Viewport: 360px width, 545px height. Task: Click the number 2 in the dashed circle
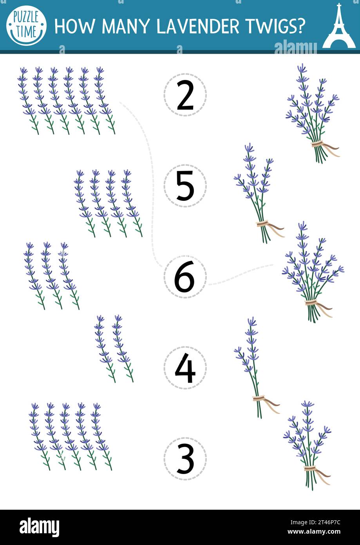click(x=185, y=95)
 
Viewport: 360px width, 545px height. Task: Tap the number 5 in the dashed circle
click(x=185, y=185)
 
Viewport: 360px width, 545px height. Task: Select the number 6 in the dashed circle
click(x=185, y=277)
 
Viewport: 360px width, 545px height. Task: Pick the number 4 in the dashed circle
click(x=185, y=368)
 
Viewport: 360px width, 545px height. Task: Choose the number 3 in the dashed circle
click(x=185, y=458)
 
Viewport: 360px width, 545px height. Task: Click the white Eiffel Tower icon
click(x=339, y=26)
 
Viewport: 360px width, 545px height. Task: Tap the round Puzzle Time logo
click(x=27, y=25)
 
